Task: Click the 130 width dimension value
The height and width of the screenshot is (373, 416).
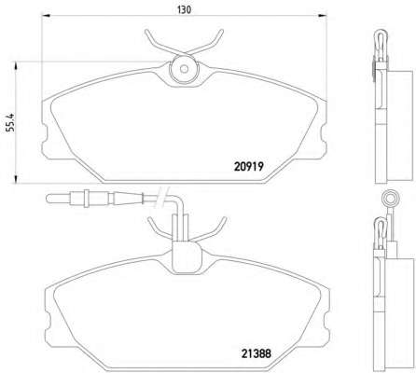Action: pos(184,10)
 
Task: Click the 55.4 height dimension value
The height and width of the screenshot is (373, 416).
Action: pos(10,123)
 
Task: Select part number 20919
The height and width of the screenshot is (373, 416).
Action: pos(249,167)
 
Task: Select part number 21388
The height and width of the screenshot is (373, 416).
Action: pos(257,353)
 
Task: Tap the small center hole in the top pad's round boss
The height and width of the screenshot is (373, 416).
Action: pos(184,69)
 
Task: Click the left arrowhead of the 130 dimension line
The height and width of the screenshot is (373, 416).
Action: pos(46,15)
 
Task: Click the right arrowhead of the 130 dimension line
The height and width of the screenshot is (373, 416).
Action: pos(323,15)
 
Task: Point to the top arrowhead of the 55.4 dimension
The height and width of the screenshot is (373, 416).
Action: pos(16,65)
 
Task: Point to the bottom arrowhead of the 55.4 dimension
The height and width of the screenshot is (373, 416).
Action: pos(16,179)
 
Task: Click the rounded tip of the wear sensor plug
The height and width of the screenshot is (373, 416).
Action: pos(48,199)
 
